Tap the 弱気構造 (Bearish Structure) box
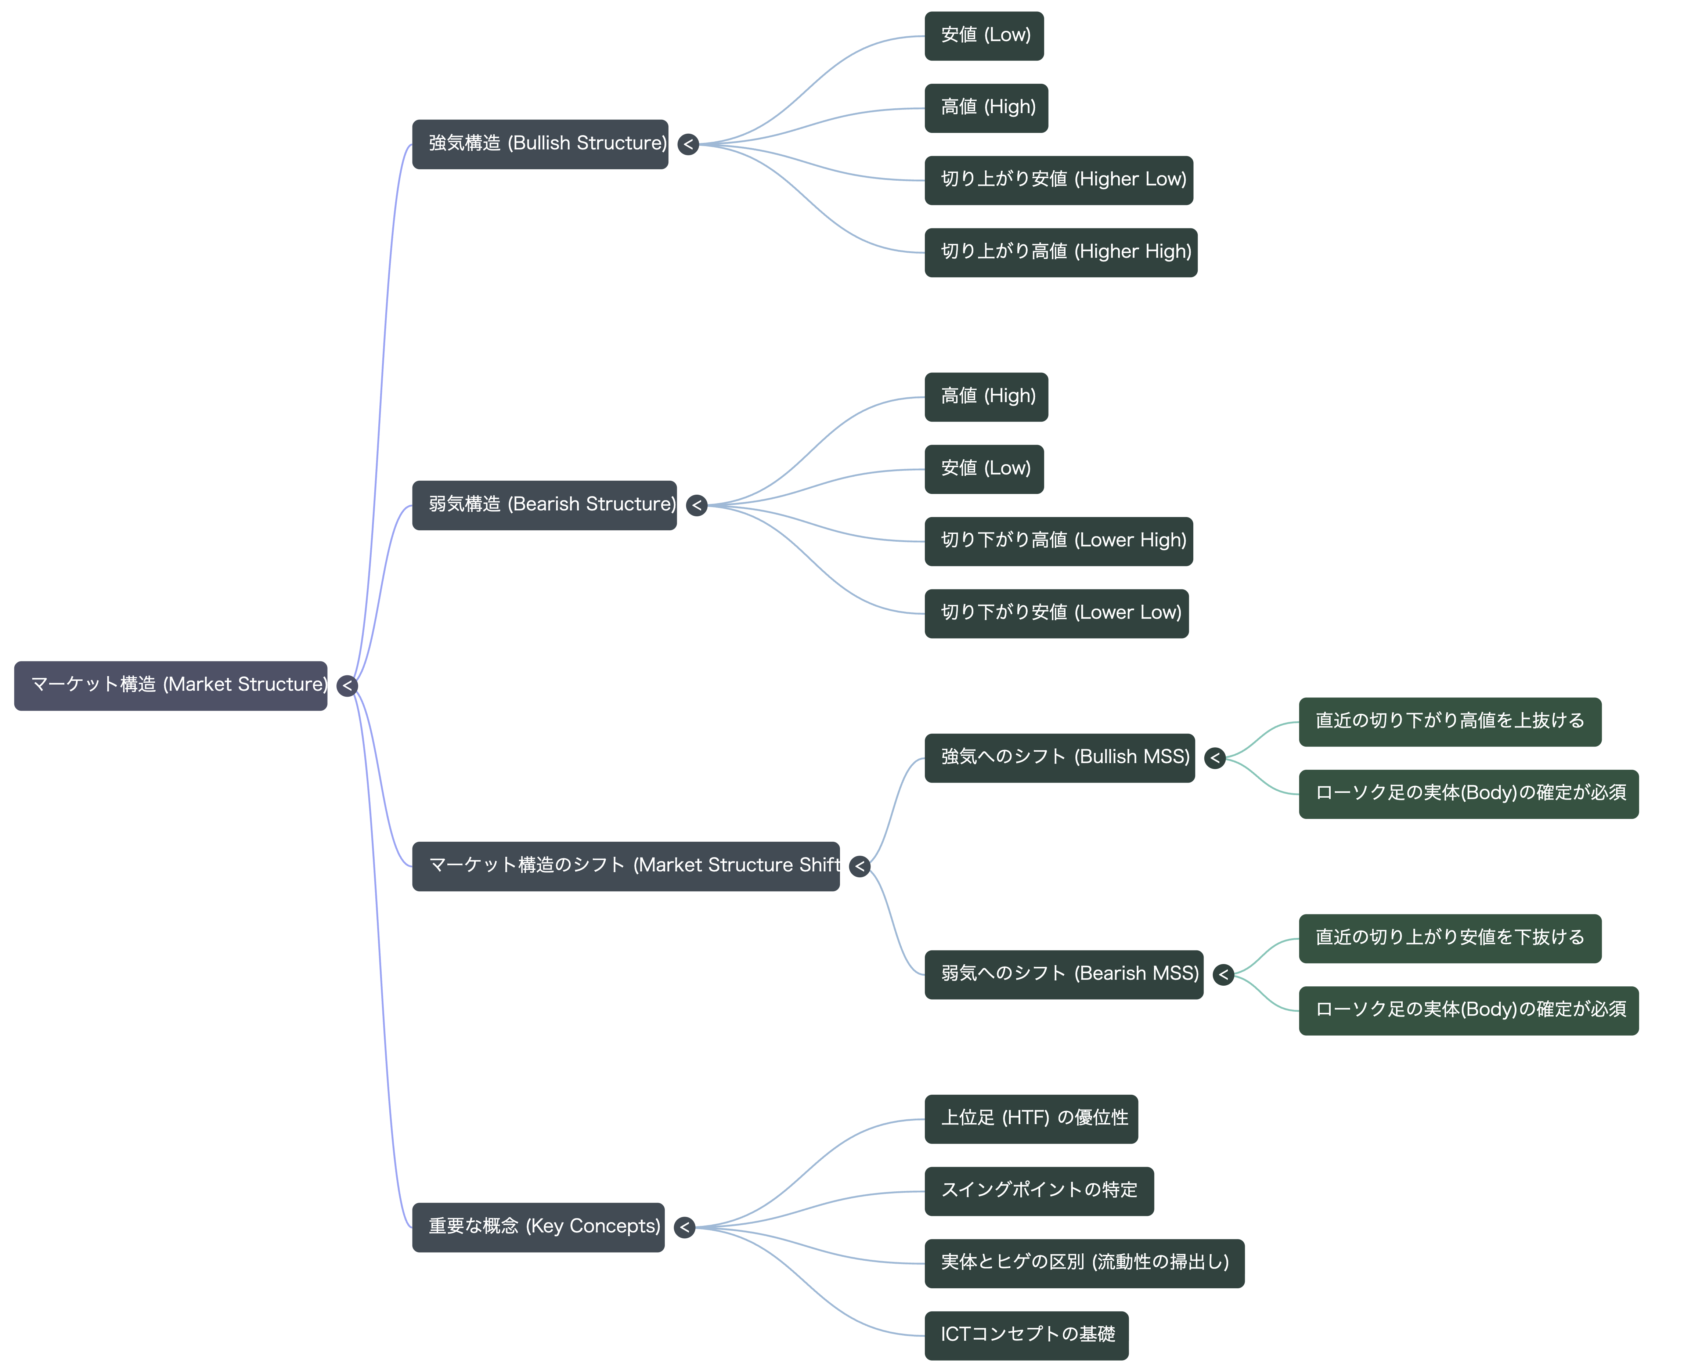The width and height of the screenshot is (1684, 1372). (x=544, y=505)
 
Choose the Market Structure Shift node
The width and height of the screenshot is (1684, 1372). (x=626, y=866)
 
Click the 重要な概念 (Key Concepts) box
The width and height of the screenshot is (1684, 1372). (x=538, y=1227)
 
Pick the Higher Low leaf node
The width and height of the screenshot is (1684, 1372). (x=1059, y=180)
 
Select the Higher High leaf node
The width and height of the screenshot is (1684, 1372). (x=1061, y=253)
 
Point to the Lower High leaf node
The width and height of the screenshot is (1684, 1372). (x=1059, y=541)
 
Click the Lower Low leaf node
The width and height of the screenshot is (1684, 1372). (x=1057, y=613)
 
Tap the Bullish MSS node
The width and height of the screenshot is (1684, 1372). (x=1060, y=758)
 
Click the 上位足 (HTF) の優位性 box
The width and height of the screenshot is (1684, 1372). (x=1031, y=1119)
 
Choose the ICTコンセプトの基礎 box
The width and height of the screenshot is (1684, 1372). (x=1027, y=1336)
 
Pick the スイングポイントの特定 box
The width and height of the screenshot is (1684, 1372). (x=1039, y=1191)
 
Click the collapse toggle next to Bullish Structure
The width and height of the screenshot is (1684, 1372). (x=688, y=144)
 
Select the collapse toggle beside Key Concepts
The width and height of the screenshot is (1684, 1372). (x=684, y=1227)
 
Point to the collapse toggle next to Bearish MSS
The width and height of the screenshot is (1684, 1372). (x=1223, y=975)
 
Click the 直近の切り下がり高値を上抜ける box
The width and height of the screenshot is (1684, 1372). (x=1450, y=722)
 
